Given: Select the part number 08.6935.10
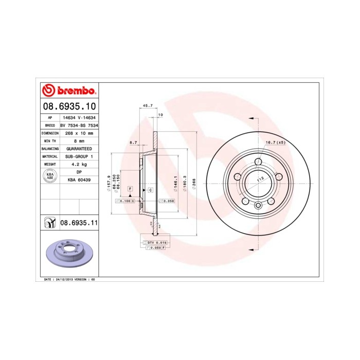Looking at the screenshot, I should point(69,107).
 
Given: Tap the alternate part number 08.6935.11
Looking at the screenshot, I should point(79,223).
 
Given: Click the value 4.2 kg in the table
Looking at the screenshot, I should point(79,164).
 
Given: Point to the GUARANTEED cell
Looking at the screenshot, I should point(79,148).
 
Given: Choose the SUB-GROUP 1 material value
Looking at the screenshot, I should point(79,156).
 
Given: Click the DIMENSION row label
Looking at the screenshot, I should point(49,133).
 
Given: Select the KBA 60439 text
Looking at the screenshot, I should point(79,179).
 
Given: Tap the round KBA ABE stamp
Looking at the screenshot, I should point(49,176).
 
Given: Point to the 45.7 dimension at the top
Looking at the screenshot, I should point(147,105).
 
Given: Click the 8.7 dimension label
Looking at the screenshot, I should point(133,142).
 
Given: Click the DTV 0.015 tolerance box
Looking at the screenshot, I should point(154,242).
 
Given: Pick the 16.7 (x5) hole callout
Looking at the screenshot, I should point(275,142).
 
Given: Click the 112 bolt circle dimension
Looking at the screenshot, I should point(260,178).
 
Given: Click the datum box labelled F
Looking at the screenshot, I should point(130,189).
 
